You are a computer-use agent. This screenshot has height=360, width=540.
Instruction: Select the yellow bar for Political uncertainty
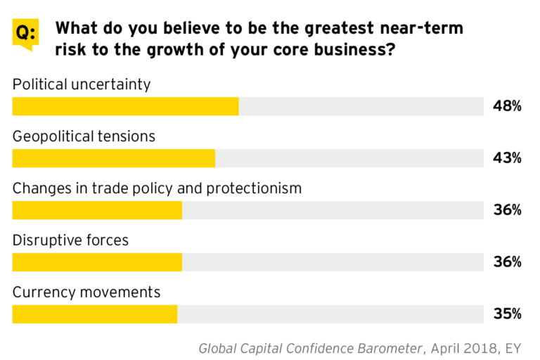(x=125, y=106)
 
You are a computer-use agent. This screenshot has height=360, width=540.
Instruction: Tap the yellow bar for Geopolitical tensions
(x=113, y=158)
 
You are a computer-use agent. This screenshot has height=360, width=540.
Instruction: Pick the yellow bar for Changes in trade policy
(x=97, y=210)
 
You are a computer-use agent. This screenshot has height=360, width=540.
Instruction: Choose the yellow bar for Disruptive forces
(x=97, y=262)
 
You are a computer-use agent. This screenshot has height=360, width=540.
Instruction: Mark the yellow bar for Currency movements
(x=95, y=314)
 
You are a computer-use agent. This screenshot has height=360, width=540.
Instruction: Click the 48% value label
(x=507, y=106)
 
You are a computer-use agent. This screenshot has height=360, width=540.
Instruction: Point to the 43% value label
(x=507, y=158)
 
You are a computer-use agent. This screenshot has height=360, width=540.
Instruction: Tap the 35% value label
(x=507, y=314)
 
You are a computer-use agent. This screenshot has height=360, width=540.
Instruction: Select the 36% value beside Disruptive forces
(x=507, y=262)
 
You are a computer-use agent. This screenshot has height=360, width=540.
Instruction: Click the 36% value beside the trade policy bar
(x=507, y=210)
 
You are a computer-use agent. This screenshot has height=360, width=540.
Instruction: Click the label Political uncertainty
(x=82, y=84)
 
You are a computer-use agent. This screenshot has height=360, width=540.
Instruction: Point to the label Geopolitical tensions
(x=84, y=136)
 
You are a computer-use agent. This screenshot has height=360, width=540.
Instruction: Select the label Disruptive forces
(x=70, y=240)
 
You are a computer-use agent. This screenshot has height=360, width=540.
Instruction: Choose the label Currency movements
(x=86, y=292)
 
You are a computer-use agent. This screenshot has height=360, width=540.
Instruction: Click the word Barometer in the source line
(x=386, y=348)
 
